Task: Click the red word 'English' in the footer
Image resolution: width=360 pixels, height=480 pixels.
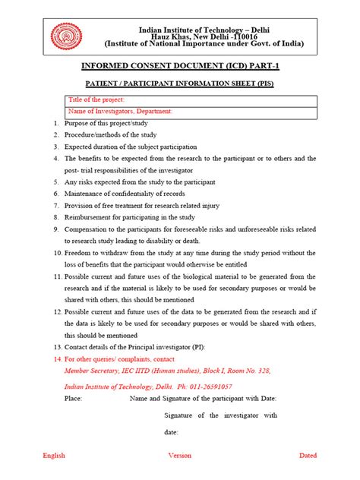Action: pyautogui.click(x=54, y=456)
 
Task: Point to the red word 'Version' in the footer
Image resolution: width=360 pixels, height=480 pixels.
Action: pyautogui.click(x=180, y=456)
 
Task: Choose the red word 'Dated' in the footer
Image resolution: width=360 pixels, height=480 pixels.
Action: pyautogui.click(x=308, y=456)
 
